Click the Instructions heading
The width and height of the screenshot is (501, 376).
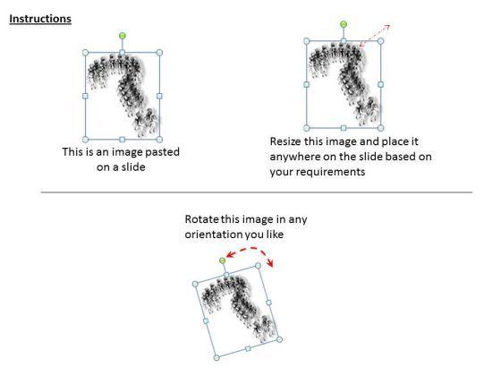pyautogui.click(x=40, y=19)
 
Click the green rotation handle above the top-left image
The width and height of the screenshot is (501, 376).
pyautogui.click(x=122, y=36)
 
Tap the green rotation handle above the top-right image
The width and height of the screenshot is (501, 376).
pyautogui.click(x=344, y=24)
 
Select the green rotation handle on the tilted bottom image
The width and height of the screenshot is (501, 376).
pyautogui.click(x=223, y=260)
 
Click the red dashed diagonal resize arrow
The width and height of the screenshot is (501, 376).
pyautogui.click(x=375, y=37)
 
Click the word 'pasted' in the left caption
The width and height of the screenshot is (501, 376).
pyautogui.click(x=160, y=152)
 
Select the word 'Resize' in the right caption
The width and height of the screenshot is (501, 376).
pyautogui.click(x=287, y=141)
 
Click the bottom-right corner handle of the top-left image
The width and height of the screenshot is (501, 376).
pyautogui.click(x=159, y=138)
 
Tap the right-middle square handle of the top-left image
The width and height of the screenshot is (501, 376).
pyautogui.click(x=159, y=95)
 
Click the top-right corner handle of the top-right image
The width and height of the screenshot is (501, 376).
pyautogui.click(x=380, y=40)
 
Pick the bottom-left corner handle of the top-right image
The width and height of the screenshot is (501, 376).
pyautogui.click(x=306, y=128)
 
